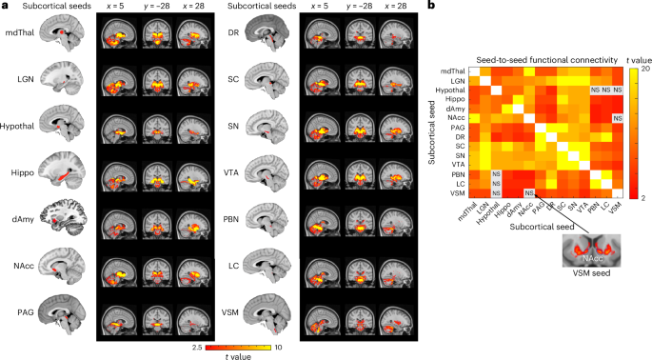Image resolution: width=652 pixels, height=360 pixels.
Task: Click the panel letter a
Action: click(5, 7)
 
